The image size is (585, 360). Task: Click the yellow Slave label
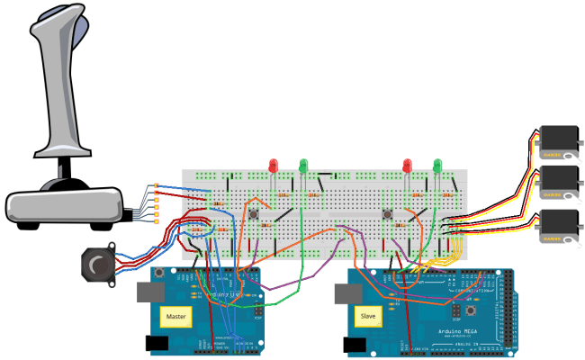[x=368, y=317]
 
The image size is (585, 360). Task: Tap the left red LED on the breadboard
[x=274, y=166]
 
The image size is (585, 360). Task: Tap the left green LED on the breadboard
[x=304, y=166]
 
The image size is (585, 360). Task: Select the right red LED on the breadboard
[x=408, y=166]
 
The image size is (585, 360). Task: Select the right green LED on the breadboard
[x=438, y=166]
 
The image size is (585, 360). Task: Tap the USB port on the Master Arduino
[x=149, y=292]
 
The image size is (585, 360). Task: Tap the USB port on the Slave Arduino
[x=344, y=292]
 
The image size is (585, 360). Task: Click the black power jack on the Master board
[x=154, y=343]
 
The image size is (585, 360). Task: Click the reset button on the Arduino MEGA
[x=456, y=310]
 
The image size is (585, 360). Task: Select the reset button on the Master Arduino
[x=159, y=272]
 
